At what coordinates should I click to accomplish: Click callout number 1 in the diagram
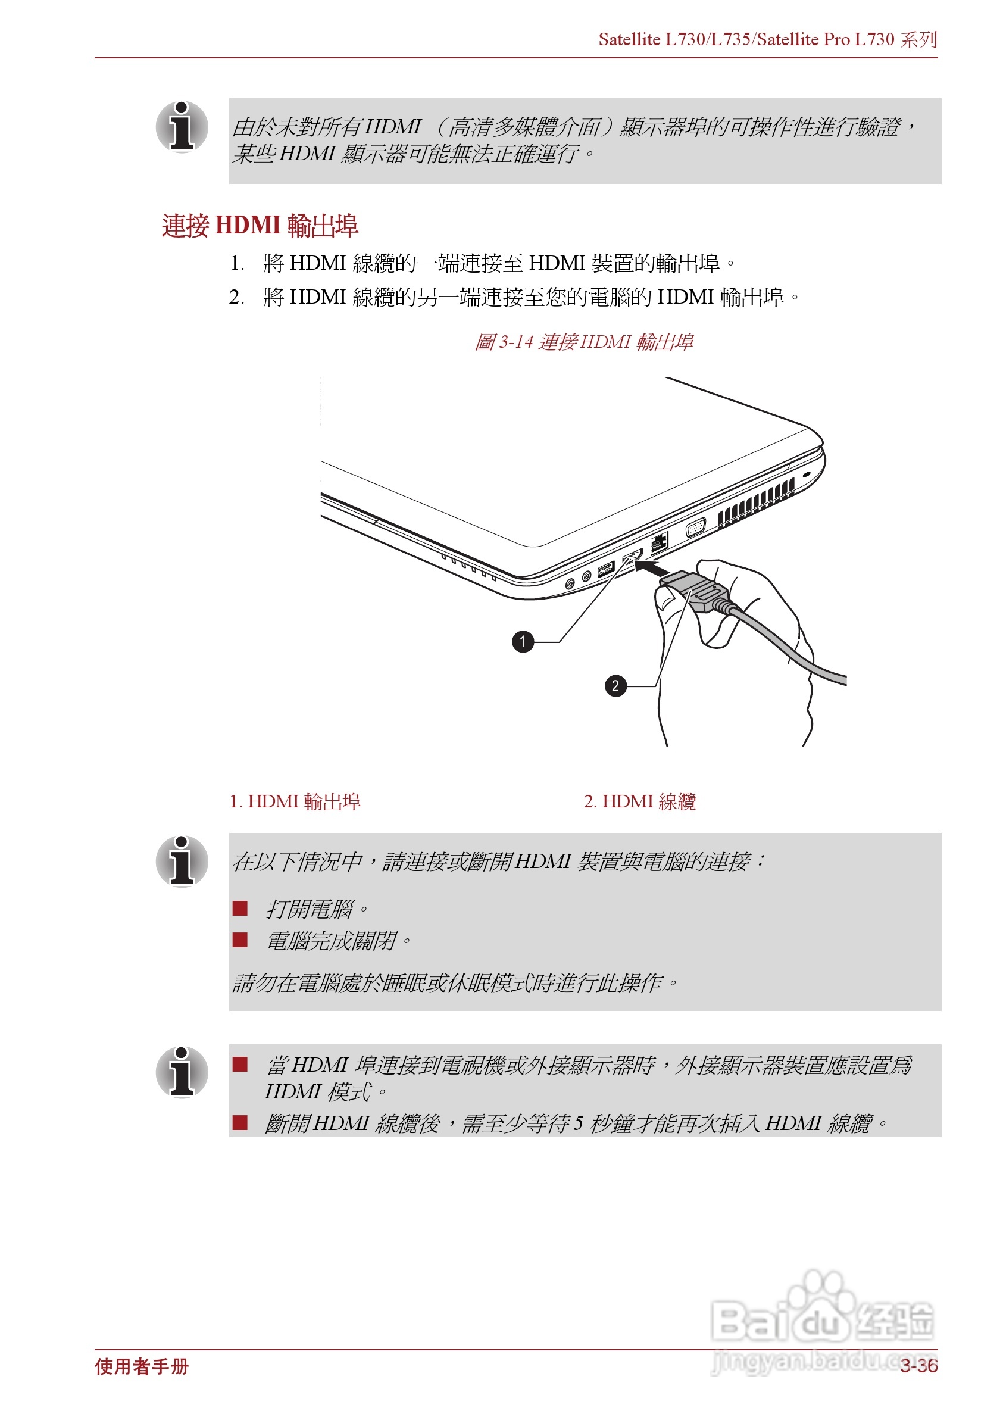click(523, 641)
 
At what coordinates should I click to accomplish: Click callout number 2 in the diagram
click(615, 686)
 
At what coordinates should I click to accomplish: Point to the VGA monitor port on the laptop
click(695, 528)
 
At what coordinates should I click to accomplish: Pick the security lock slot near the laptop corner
click(807, 475)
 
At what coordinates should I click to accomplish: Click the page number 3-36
click(918, 1366)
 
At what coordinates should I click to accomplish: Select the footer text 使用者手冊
click(142, 1366)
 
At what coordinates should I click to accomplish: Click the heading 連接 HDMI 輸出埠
click(260, 226)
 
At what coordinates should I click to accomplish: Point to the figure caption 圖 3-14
click(583, 342)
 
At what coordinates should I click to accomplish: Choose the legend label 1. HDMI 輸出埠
click(295, 802)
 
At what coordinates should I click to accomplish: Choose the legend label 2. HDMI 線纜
click(640, 802)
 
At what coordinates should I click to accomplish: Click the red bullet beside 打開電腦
click(240, 908)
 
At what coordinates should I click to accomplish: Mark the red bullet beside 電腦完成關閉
click(240, 940)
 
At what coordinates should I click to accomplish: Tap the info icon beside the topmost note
click(182, 127)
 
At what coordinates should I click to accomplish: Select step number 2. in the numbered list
click(236, 298)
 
